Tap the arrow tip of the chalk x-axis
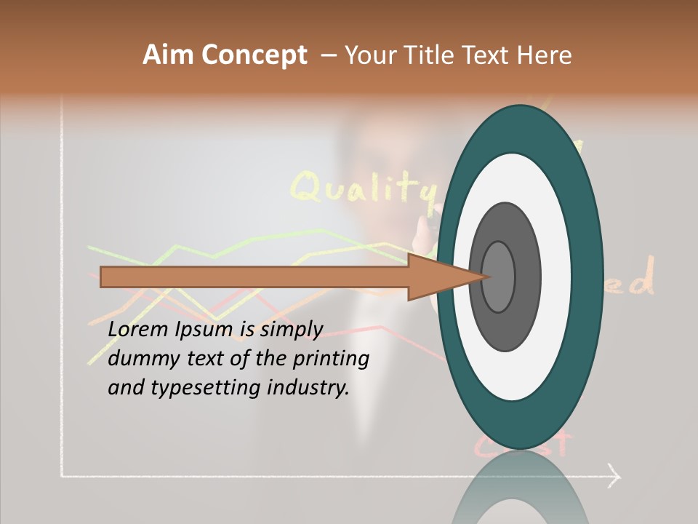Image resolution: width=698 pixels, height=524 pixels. (616, 477)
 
